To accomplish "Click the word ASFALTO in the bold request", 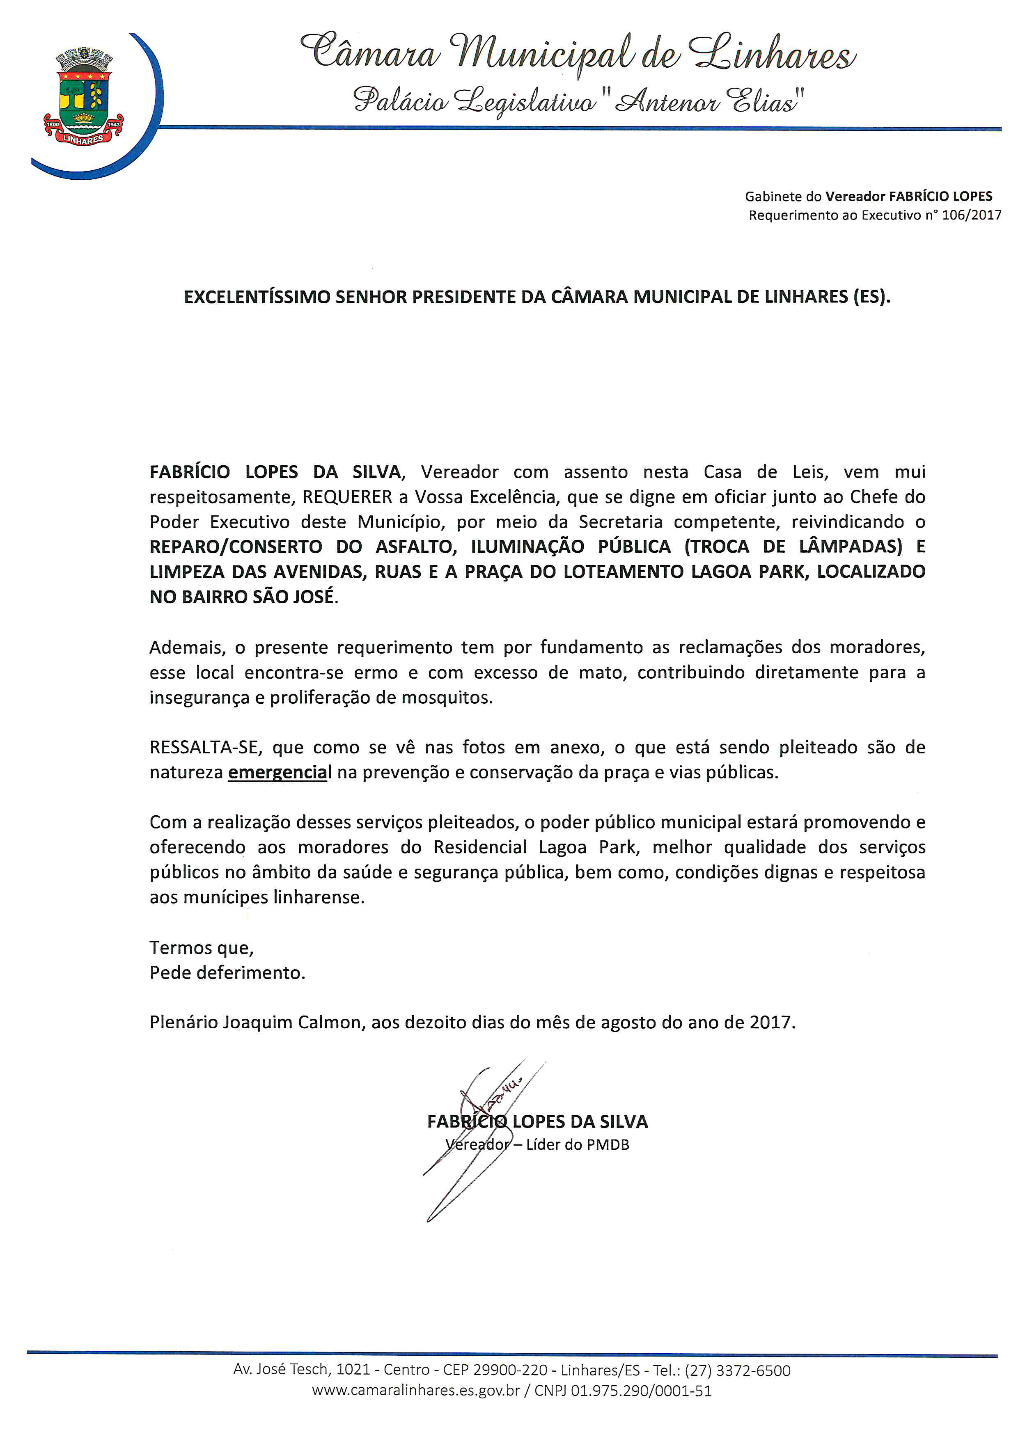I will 414,547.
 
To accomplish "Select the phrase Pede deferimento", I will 227,973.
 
